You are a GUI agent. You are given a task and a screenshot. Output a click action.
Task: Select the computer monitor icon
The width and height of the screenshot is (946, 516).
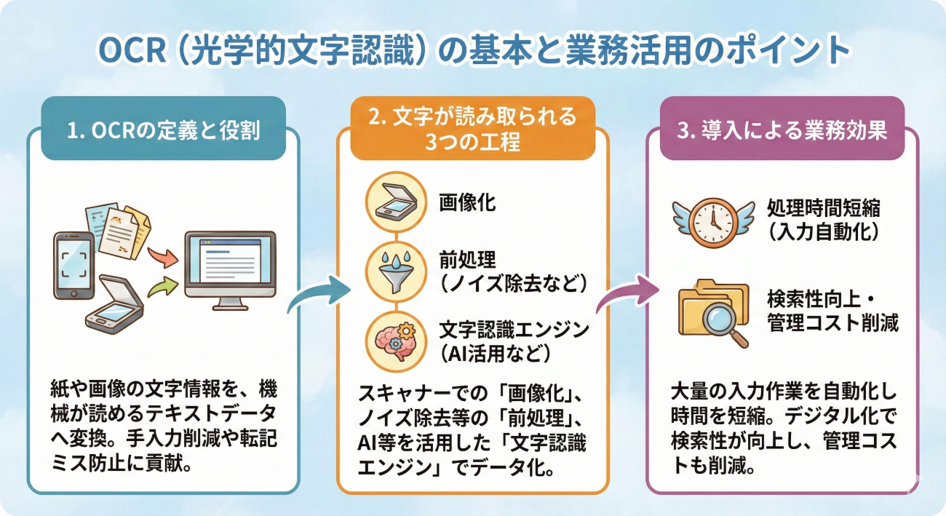(230, 266)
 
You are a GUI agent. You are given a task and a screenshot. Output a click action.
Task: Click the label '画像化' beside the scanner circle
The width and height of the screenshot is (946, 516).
(467, 202)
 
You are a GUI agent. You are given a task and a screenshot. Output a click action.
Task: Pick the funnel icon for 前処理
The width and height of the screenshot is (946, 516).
(394, 271)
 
